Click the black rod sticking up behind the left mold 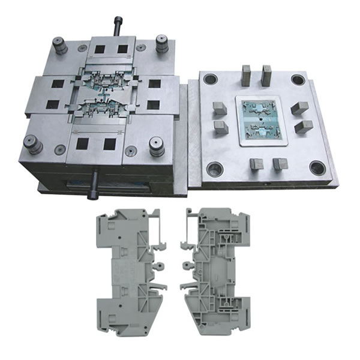pos(117,26)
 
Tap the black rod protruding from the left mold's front pos(94,184)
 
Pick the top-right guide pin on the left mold pos(161,43)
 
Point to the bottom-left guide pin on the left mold pos(32,144)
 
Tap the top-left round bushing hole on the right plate pos(210,79)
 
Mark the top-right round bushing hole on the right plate pos(298,79)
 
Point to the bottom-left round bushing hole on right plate pos(214,169)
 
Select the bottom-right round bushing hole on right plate pos(317,168)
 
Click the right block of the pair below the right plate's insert pos(279,164)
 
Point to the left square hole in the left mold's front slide pos(83,143)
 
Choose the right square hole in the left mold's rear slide pos(123,49)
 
